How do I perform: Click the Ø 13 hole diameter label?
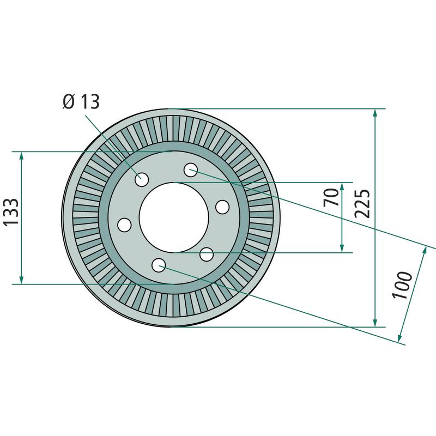[x=81, y=102]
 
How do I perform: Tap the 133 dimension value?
[x=11, y=211]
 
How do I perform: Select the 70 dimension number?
[x=331, y=197]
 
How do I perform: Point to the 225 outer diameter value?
[x=362, y=203]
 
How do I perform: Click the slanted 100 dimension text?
[x=402, y=284]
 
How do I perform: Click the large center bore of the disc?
[x=174, y=217]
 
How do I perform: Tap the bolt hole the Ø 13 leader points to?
[x=142, y=179]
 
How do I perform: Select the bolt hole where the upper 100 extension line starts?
[x=191, y=170]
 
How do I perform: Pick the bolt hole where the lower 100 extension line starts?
[x=159, y=265]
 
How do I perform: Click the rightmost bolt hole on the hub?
[x=222, y=207]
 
